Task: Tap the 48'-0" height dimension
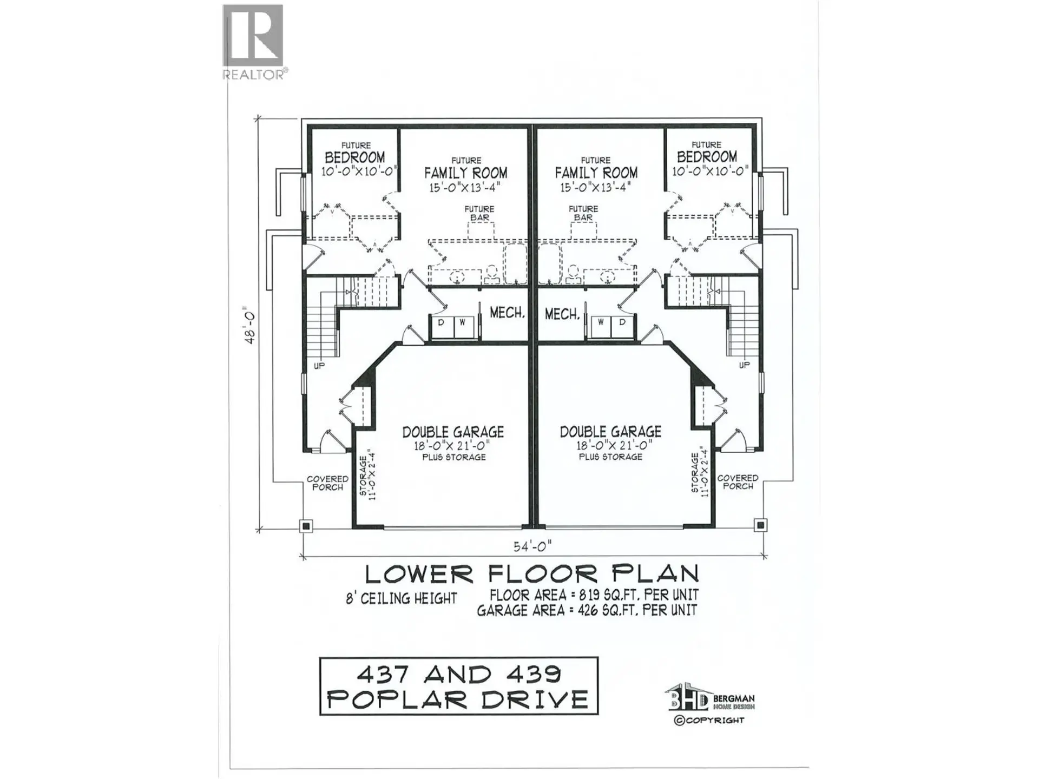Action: click(250, 326)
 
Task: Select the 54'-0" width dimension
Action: click(532, 546)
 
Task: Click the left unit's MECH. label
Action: click(507, 313)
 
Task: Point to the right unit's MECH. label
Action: click(562, 314)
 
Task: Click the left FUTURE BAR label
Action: click(479, 213)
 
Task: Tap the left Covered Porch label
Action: click(327, 483)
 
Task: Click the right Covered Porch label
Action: click(738, 482)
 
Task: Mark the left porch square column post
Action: click(306, 525)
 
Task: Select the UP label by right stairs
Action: click(744, 365)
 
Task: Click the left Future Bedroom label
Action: click(355, 157)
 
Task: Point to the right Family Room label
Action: click(596, 173)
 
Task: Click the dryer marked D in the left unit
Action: click(441, 323)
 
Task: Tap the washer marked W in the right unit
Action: click(601, 322)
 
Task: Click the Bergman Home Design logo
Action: click(709, 703)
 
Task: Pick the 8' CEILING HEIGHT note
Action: click(401, 598)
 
